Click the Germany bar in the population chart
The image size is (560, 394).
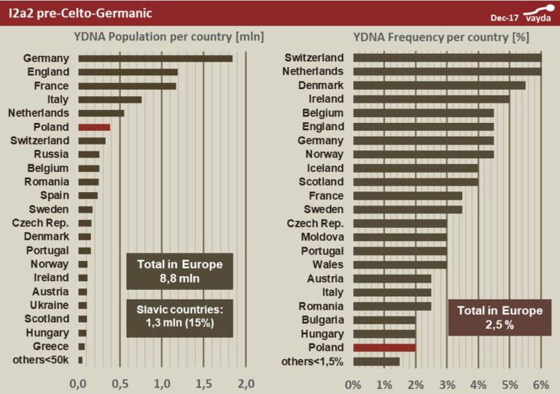(155, 58)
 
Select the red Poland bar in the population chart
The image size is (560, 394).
(94, 127)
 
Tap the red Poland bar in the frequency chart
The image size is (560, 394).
(384, 347)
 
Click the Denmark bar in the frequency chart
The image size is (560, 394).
(439, 85)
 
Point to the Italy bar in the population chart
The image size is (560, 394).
(109, 99)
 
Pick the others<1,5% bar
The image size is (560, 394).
(376, 361)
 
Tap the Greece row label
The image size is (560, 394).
(52, 346)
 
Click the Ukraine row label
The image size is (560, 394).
(50, 304)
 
